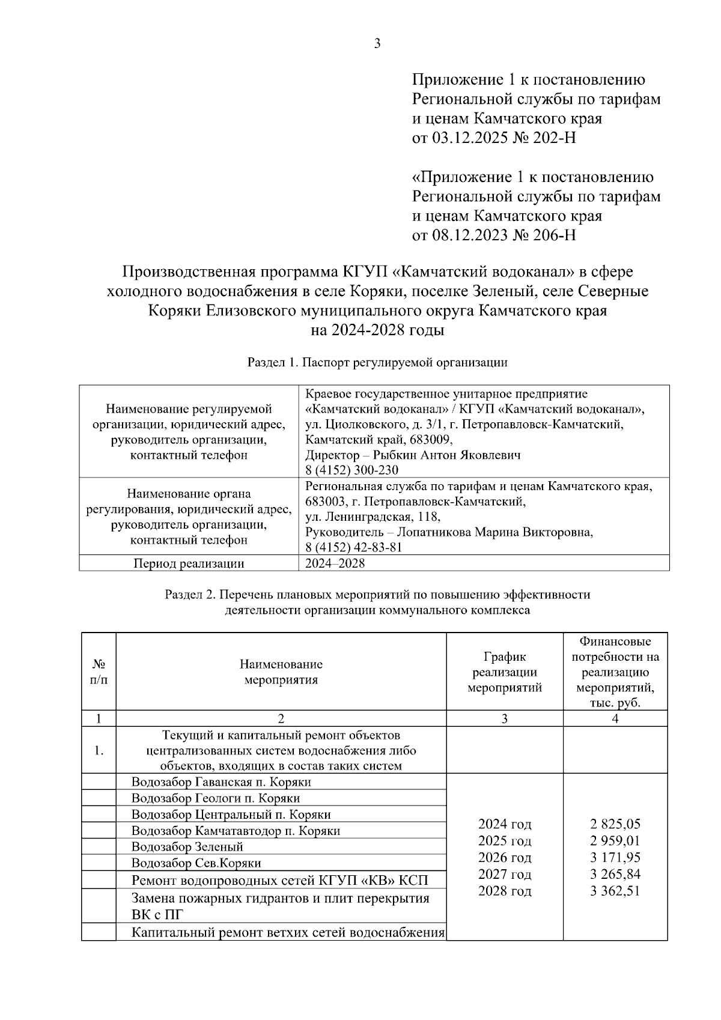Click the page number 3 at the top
point(377,44)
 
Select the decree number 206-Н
point(553,235)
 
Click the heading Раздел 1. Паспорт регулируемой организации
point(377,363)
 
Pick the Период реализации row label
point(189,563)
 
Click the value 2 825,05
point(615,824)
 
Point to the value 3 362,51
point(615,891)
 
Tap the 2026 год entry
point(505,857)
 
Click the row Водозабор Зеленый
point(187,847)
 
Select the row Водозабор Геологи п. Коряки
point(216,798)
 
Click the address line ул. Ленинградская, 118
point(373,517)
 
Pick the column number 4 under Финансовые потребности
point(615,718)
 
